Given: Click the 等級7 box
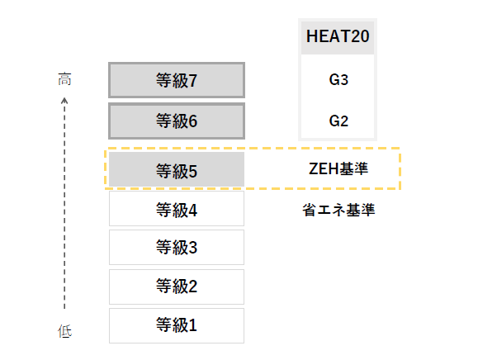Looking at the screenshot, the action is pos(177,80).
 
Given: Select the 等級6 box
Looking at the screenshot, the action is pos(177,121).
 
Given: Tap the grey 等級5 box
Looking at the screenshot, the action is pos(177,169).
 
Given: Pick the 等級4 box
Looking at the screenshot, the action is pos(177,209).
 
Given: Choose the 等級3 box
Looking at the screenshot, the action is pos(177,247).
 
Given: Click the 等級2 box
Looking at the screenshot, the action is pos(177,287).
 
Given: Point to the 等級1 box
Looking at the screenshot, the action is pos(177,325).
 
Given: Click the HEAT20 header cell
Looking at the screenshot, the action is pos(338,37).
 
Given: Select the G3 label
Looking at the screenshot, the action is pos(338,80).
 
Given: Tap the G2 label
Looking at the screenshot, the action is pos(338,121).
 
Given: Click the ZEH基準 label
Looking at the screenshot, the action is pos(338,169).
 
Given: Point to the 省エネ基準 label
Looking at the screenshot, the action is pos(338,210).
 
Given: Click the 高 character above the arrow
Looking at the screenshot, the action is pos(64,79).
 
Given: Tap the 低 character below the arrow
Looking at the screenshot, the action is pos(64,331).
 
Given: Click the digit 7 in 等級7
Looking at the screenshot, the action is pos(192,81).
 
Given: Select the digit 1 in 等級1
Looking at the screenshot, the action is pos(192,325).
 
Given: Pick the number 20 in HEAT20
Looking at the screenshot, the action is pos(360,36).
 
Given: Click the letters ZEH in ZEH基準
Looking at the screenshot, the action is pos(324,169).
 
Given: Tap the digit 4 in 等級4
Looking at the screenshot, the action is pos(192,211).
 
